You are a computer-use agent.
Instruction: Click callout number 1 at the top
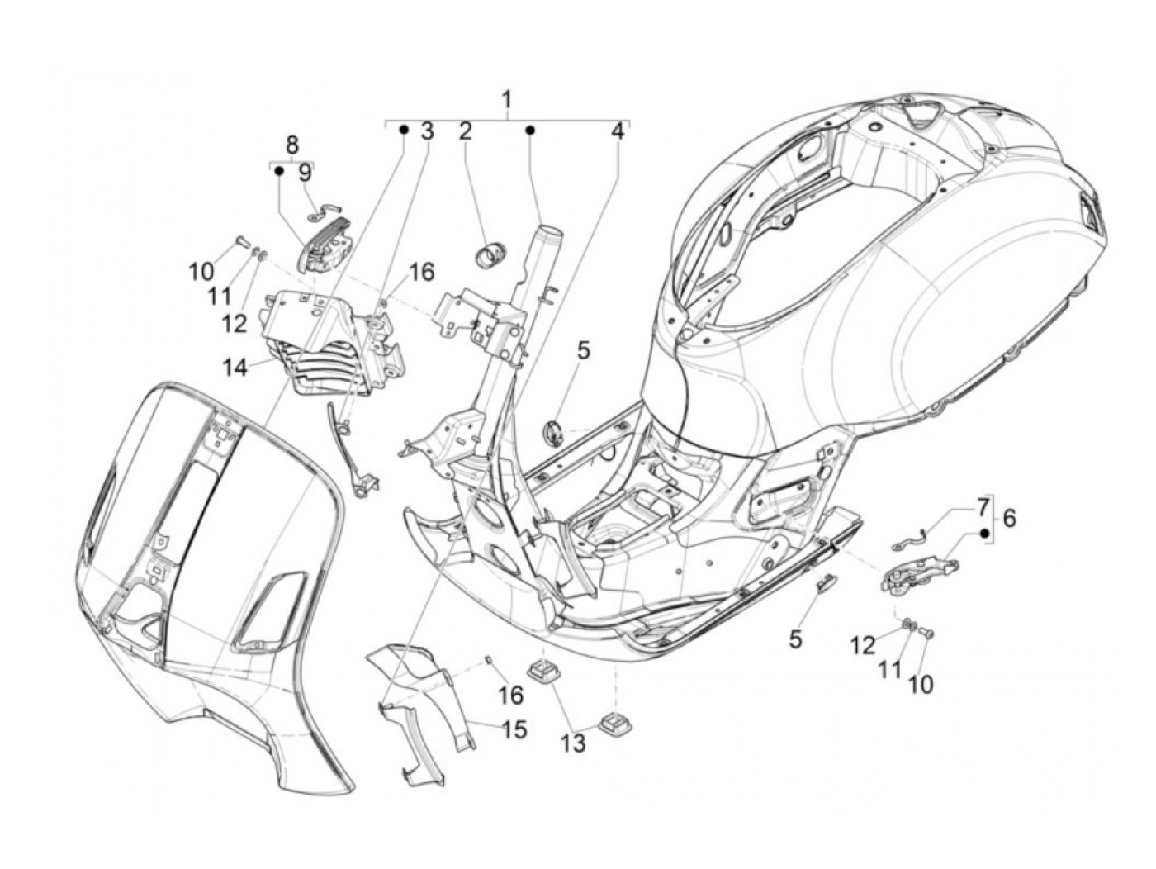pyautogui.click(x=507, y=101)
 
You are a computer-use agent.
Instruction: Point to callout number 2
pyautogui.click(x=466, y=131)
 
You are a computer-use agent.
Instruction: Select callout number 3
pyautogui.click(x=427, y=131)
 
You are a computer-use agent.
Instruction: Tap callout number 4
pyautogui.click(x=618, y=131)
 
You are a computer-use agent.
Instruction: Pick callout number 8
pyautogui.click(x=291, y=145)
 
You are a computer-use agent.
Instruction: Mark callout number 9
pyautogui.click(x=305, y=173)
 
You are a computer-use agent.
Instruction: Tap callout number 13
pyautogui.click(x=573, y=743)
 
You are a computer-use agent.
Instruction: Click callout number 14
pyautogui.click(x=235, y=367)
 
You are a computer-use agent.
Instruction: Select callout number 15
pyautogui.click(x=513, y=730)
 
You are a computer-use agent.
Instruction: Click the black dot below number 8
pyautogui.click(x=279, y=171)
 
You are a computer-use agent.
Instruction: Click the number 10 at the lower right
pyautogui.click(x=921, y=684)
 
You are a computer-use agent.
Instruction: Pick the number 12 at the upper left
pyautogui.click(x=234, y=323)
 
